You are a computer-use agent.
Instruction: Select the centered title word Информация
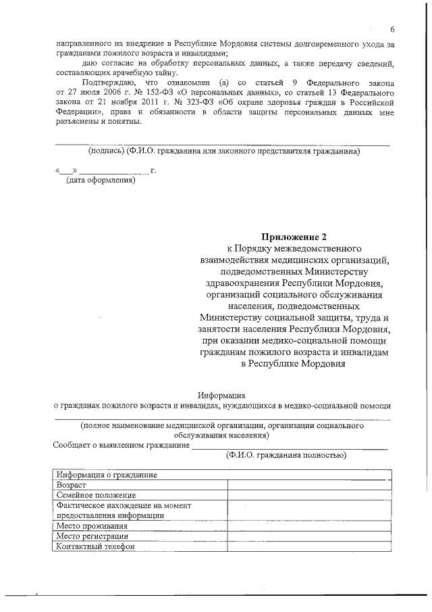coord(221,394)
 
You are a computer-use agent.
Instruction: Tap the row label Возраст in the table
coord(72,485)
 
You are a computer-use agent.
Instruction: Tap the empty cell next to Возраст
coord(308,485)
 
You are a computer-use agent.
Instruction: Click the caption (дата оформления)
coord(100,181)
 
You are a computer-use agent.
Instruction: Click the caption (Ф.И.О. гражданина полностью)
coord(286,456)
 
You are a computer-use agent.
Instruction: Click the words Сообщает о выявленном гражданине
coord(122,446)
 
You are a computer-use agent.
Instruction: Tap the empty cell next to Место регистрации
coord(308,536)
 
